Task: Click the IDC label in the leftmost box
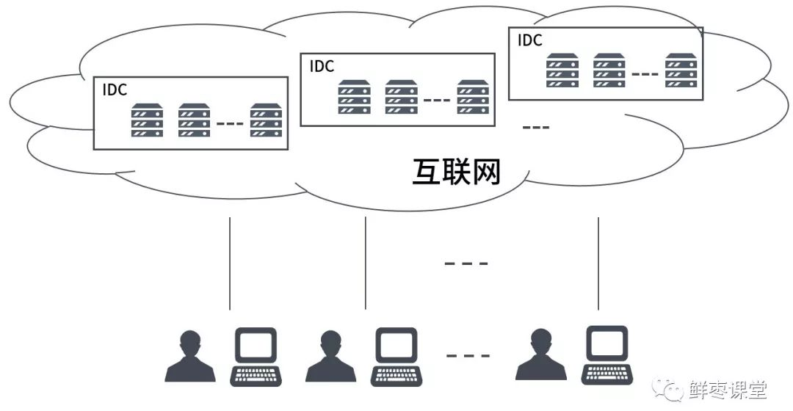coord(115,90)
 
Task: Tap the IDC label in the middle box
coord(322,66)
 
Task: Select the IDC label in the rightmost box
coord(530,40)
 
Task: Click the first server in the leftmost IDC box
coord(147,120)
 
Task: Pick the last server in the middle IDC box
coord(473,97)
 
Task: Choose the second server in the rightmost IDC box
coord(609,70)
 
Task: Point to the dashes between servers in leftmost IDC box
coord(230,123)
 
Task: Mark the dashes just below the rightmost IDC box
coord(535,128)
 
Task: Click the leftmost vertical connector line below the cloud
coord(230,263)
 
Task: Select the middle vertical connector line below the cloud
coord(366,263)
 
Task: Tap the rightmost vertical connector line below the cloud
coord(598,263)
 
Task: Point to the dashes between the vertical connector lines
coord(466,263)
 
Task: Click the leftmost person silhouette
coord(190,357)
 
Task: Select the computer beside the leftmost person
coord(256,357)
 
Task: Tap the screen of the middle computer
coord(396,343)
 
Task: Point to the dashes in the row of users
coord(468,356)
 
